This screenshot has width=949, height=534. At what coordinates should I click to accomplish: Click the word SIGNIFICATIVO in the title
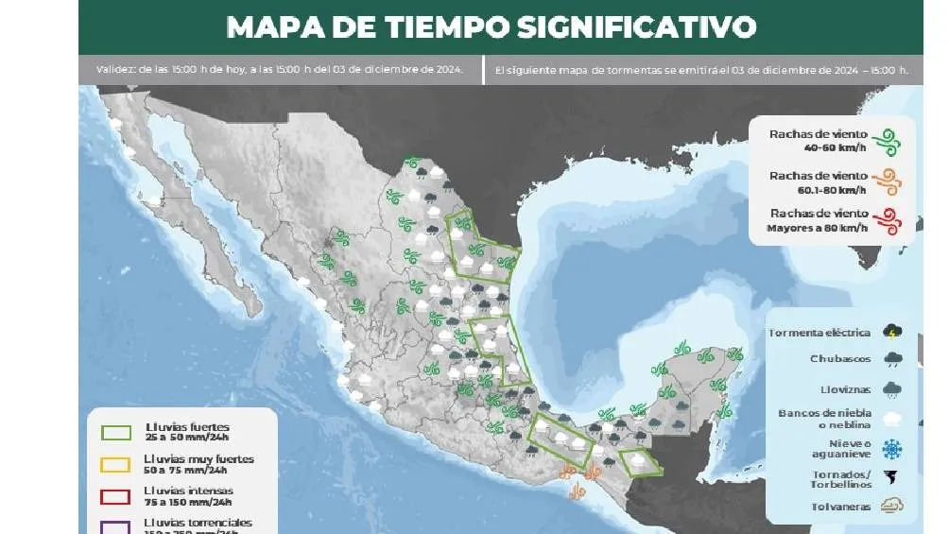pos(636,26)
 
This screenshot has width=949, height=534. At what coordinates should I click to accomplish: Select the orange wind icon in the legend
pos(886,181)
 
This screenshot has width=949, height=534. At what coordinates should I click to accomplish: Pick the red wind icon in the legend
pos(886,221)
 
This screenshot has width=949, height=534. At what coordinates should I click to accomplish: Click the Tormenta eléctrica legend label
pos(820,333)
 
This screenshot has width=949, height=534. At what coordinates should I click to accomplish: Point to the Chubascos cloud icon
pos(891,359)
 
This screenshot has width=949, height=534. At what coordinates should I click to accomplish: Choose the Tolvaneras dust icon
pos(891,506)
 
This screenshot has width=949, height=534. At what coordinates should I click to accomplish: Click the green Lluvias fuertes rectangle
pos(115,433)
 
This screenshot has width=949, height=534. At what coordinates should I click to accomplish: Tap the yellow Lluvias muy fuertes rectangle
pos(115,464)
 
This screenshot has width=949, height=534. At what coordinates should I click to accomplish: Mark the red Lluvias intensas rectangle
pos(115,496)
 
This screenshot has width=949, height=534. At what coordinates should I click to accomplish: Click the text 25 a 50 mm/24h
pos(187,439)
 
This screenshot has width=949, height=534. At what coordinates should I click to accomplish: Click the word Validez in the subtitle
pos(115,69)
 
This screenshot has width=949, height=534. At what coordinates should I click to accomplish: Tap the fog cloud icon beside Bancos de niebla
pos(891,418)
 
